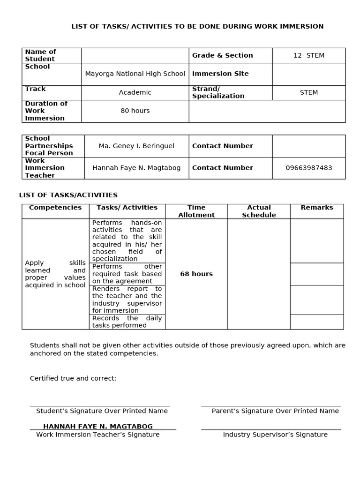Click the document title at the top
coord(197,26)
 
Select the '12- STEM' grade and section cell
coord(308,55)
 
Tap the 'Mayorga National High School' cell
coord(135,74)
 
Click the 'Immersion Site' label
coord(220,74)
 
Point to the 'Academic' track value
coord(135,92)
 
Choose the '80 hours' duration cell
coord(135,111)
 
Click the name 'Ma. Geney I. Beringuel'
coord(136,146)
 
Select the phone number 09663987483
coord(308,168)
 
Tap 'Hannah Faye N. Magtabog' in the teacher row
coord(136,168)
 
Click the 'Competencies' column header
coord(55,208)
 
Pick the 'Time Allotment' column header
coord(196,211)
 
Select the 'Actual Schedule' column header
coord(259,211)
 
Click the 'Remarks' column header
coord(317,208)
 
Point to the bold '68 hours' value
coord(196,274)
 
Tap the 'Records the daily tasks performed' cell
coord(127,322)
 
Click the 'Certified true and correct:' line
coord(73,378)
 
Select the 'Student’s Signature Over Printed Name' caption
coord(102,411)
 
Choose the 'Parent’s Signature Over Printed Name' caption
coord(275,411)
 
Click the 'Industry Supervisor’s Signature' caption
coord(275,435)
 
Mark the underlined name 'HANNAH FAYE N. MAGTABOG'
coord(98,427)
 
